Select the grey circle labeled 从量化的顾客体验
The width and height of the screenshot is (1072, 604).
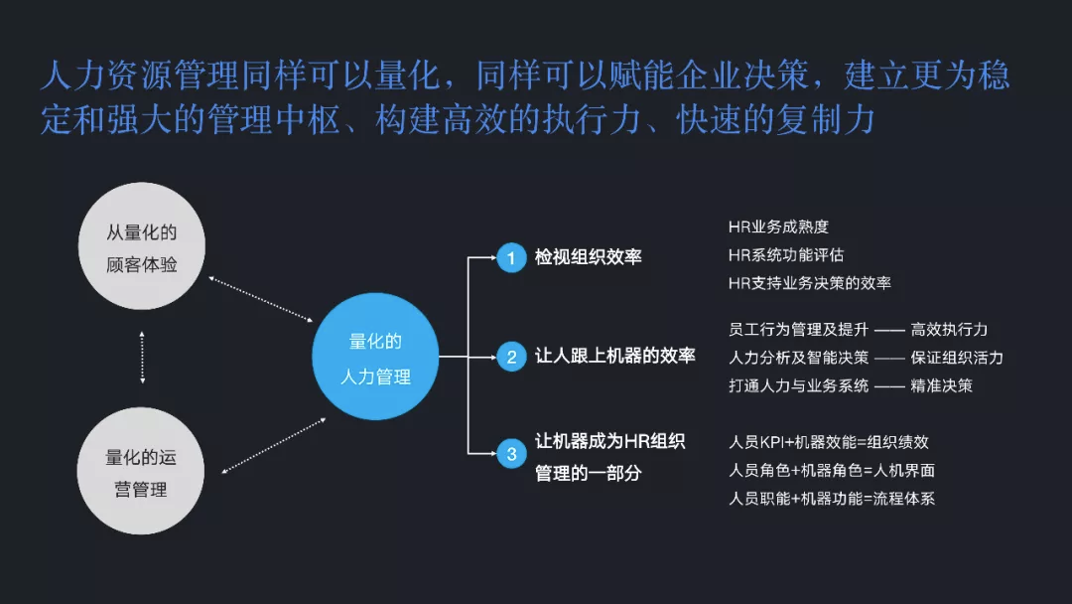(142, 248)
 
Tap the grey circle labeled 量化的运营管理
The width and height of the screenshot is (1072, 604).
(142, 474)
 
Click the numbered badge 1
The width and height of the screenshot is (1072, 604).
(511, 258)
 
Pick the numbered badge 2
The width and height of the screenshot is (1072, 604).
(511, 357)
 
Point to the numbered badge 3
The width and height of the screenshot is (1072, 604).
(511, 455)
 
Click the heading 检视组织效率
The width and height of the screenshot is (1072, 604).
(589, 257)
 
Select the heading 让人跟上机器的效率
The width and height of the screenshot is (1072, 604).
(615, 356)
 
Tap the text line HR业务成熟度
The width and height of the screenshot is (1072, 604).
(778, 227)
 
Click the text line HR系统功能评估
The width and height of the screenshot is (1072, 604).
(786, 255)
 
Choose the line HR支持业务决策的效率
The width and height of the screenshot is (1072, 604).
(810, 283)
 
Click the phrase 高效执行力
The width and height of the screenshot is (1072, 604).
(949, 330)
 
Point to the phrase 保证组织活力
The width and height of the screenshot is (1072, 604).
(957, 358)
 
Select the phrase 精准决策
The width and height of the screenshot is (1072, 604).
(941, 385)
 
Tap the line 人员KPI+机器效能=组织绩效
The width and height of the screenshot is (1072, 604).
(829, 442)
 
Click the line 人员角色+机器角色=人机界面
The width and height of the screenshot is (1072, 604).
(832, 470)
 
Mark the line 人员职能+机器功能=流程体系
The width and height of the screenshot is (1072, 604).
(832, 498)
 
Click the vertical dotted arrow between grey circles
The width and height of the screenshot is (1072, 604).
(143, 358)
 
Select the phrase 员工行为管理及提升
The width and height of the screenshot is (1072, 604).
(798, 330)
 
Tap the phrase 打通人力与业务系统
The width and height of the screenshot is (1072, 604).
(798, 385)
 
